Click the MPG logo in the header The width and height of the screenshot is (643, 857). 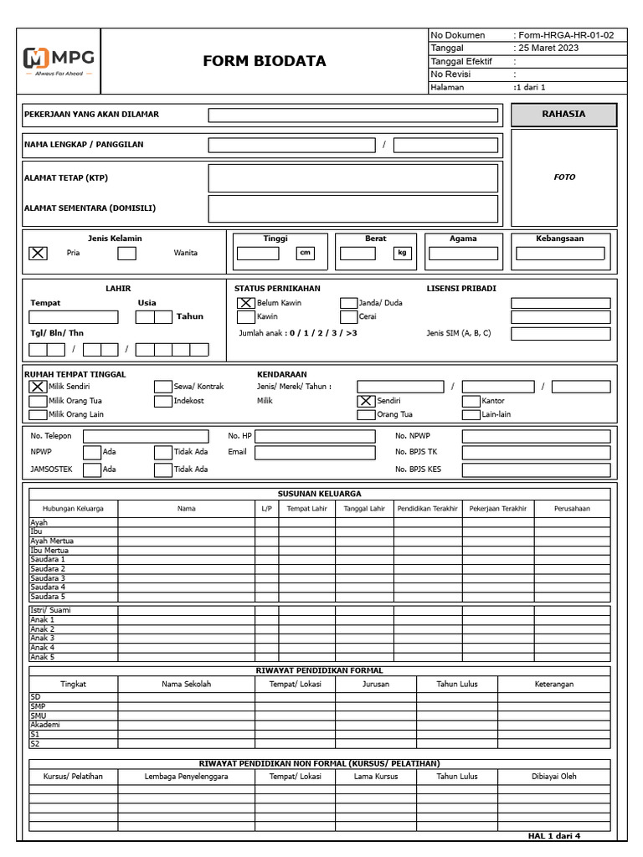(x=59, y=61)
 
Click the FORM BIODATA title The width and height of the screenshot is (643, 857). (x=265, y=61)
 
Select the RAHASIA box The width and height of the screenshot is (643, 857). (x=563, y=115)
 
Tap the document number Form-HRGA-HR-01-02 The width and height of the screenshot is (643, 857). (x=565, y=35)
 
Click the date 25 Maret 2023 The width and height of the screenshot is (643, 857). (x=548, y=49)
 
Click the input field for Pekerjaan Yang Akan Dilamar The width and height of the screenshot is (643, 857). (x=352, y=115)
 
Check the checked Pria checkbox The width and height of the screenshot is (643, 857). (x=39, y=254)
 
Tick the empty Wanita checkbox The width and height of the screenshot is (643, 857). (x=126, y=254)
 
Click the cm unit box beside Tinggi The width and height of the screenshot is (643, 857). (x=305, y=254)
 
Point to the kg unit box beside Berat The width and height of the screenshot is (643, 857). (x=403, y=254)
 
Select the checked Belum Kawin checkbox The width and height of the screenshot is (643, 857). (x=245, y=303)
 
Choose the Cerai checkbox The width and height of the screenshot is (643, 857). (x=348, y=317)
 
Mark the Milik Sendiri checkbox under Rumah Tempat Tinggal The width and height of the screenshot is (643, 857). (x=39, y=387)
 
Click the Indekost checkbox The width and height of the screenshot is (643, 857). (x=162, y=401)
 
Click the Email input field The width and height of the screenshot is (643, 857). (x=315, y=453)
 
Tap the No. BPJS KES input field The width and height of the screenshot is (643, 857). (x=536, y=470)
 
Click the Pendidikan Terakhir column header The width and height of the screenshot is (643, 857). (x=427, y=509)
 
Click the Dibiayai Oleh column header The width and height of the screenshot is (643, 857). (x=553, y=777)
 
